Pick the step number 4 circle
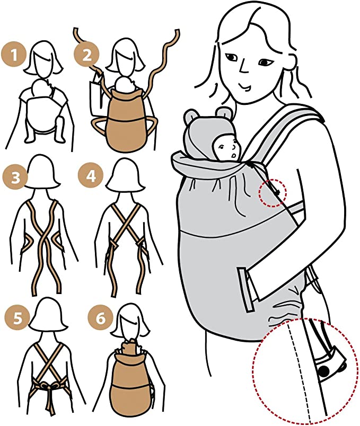click(91, 176)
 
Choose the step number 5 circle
click(17, 317)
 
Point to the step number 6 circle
click(100, 317)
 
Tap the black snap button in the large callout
click(324, 371)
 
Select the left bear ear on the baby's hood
click(190, 116)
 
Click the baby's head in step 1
click(40, 88)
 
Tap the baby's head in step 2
click(125, 84)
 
